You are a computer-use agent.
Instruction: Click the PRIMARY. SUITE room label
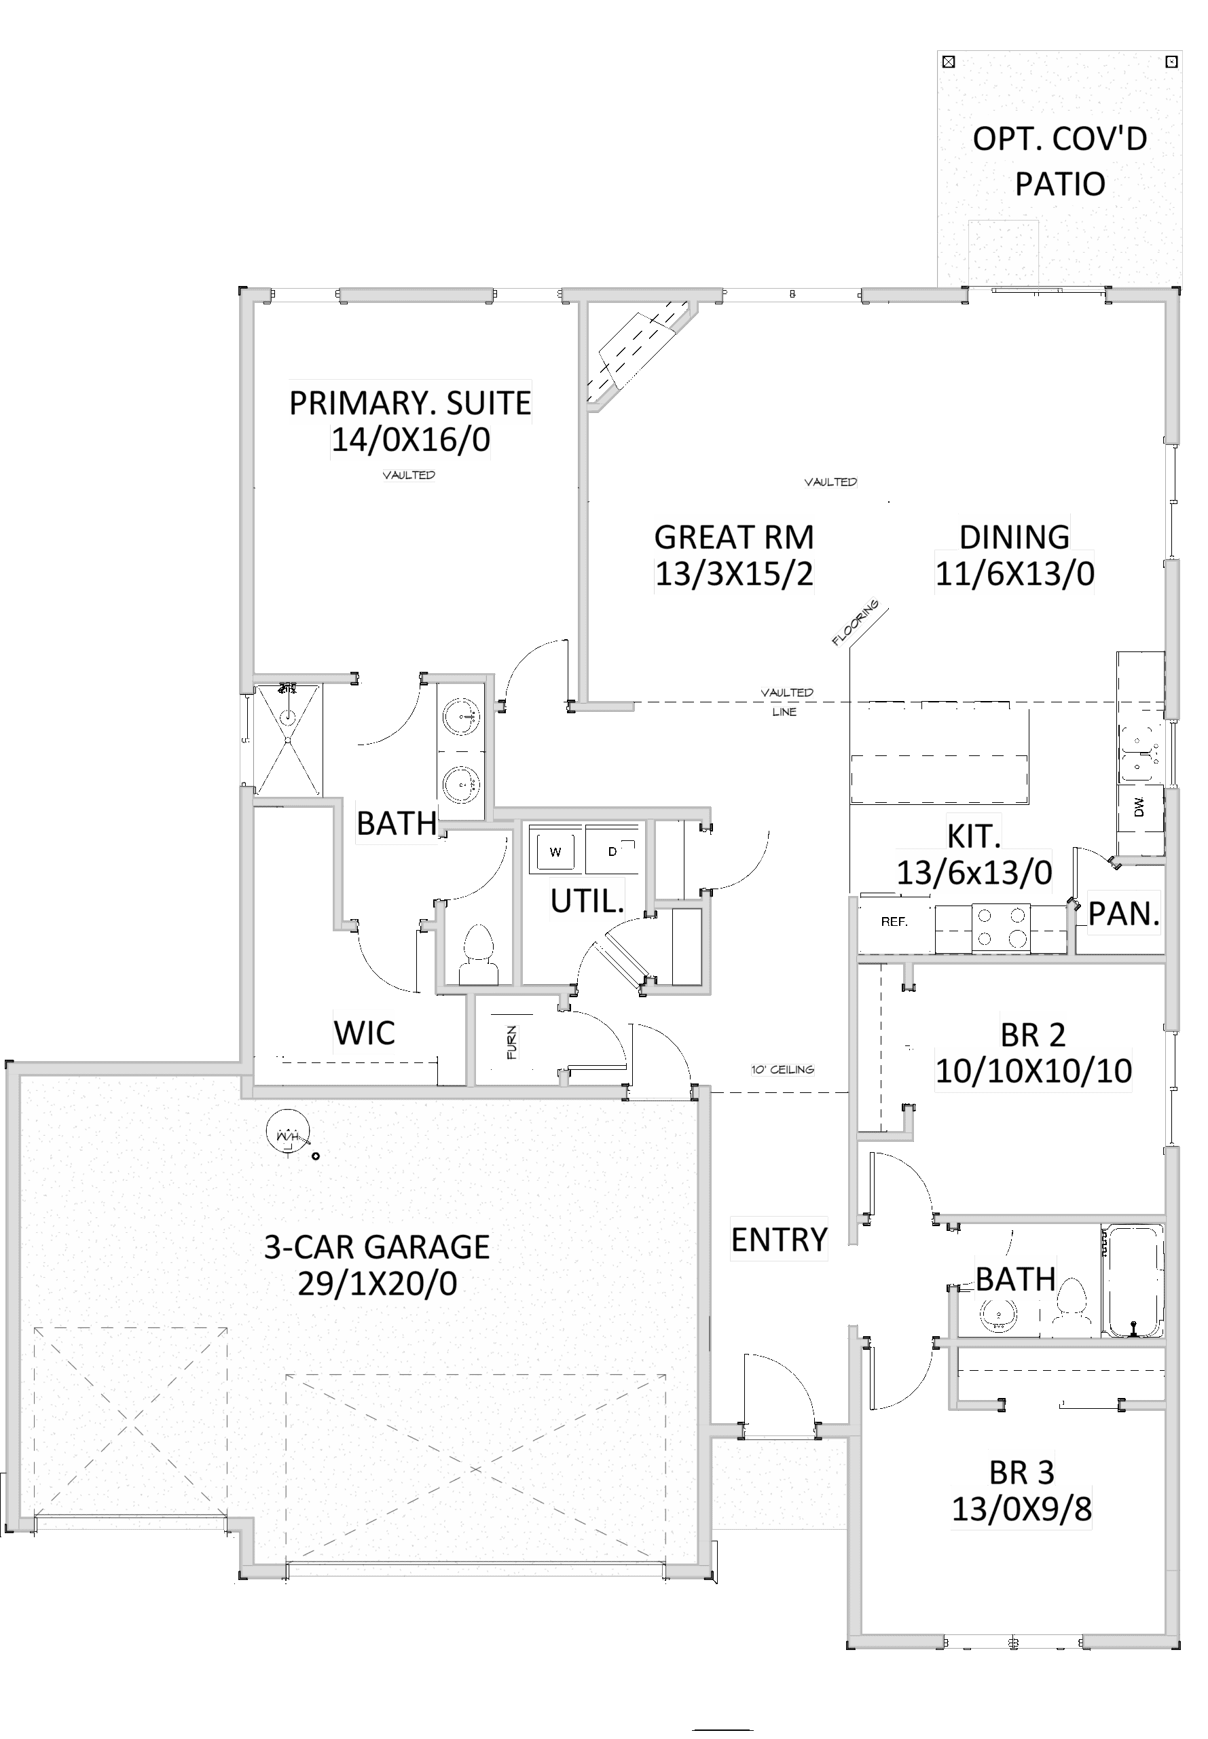pos(410,403)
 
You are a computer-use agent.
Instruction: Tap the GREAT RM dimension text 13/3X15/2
pos(733,575)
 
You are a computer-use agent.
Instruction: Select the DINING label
pos(1014,537)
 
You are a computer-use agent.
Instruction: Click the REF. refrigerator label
pos(894,922)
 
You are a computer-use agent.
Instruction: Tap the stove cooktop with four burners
pos(1001,927)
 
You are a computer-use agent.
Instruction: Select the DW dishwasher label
pos(1139,807)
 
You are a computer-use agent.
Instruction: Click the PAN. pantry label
pos(1123,914)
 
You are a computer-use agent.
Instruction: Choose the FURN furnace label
pos(513,1042)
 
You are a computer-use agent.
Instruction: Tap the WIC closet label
pos(364,1033)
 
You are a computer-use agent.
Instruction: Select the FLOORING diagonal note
pos(856,622)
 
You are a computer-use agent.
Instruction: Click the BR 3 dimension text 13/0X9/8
pos(1021,1509)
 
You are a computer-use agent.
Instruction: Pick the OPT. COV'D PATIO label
pos(1060,161)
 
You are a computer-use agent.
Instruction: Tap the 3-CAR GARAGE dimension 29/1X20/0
pos(377,1284)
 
